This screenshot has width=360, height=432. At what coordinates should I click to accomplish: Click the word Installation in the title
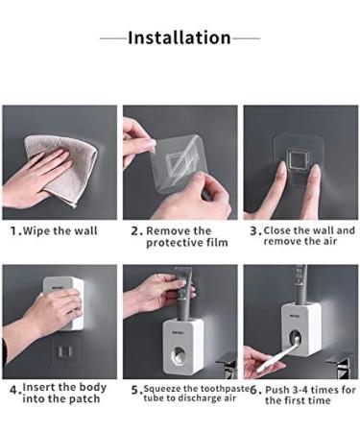click(180, 37)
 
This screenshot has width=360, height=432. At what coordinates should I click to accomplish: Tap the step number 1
click(13, 231)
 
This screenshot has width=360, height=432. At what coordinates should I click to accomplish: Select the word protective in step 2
click(174, 243)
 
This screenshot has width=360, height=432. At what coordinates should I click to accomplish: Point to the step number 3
click(253, 231)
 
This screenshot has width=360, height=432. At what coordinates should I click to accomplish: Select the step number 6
click(253, 390)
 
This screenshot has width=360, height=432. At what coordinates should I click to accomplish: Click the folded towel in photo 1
click(60, 170)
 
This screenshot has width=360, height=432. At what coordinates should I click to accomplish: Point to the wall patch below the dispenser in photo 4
click(64, 352)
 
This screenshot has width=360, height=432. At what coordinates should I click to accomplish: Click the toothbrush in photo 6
click(281, 356)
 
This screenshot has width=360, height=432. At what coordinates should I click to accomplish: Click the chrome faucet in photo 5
click(227, 365)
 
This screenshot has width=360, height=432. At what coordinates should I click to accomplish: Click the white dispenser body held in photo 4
click(64, 302)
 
